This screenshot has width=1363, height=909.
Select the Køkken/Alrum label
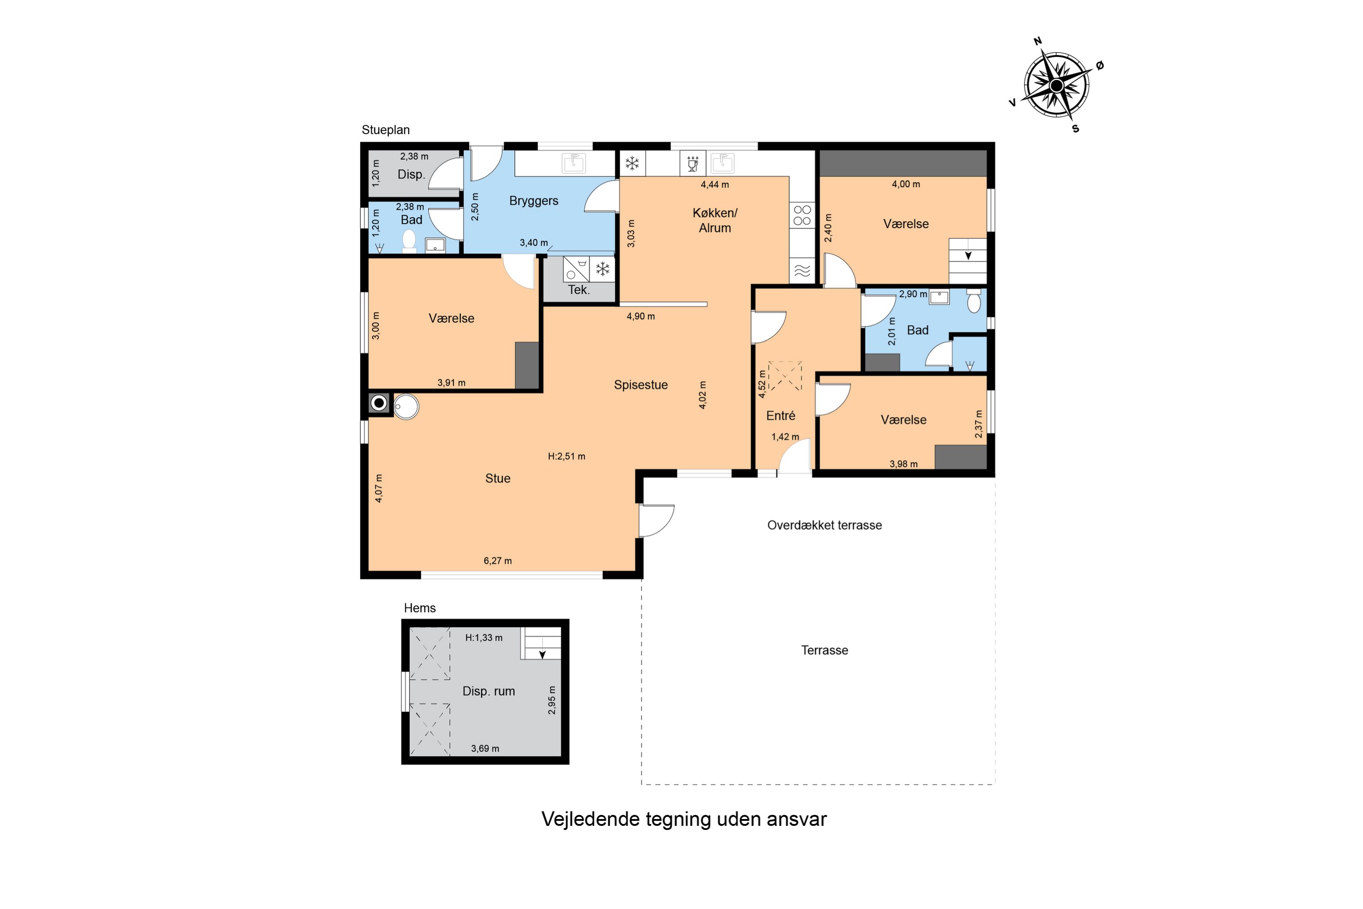point(715,220)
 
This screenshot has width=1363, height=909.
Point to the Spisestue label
point(641,385)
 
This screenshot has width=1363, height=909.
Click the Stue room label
point(498,478)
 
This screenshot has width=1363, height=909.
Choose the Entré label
point(781,416)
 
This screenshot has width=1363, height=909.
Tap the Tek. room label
point(578,290)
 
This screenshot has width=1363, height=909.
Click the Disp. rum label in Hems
point(488,691)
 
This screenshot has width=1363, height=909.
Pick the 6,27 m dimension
point(498,560)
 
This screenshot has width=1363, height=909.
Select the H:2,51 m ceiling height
point(567,456)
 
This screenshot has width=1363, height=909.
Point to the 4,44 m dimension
point(715,185)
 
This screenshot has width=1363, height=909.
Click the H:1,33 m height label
point(484,638)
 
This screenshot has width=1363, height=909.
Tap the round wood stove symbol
point(379,403)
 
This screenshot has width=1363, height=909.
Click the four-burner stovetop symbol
point(802,215)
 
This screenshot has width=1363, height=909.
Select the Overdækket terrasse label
point(825,525)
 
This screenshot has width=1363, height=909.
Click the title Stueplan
point(385,130)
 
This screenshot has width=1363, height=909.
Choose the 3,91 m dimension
point(452,383)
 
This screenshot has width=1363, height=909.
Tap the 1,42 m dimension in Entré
point(785,436)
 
